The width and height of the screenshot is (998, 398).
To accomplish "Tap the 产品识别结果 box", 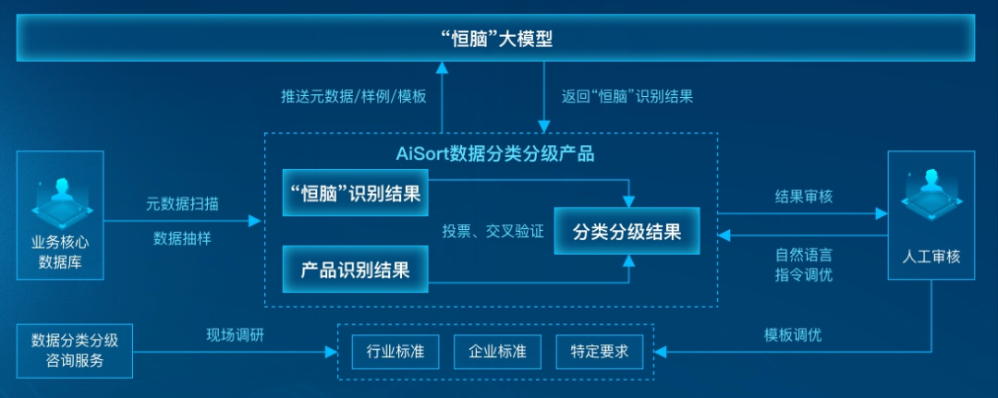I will point(355,270).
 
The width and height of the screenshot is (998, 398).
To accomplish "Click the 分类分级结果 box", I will point(626,231).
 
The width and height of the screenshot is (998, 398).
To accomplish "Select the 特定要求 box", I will point(598,351).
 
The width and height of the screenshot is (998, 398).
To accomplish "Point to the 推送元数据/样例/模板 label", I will point(354,96).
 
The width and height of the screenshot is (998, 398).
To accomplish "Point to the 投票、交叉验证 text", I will point(493,231).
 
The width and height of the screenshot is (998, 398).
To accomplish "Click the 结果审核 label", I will point(803,196).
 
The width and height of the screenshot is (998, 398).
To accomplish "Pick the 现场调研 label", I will point(235,334).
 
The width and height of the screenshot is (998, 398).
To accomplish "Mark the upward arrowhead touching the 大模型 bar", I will point(442,67).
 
